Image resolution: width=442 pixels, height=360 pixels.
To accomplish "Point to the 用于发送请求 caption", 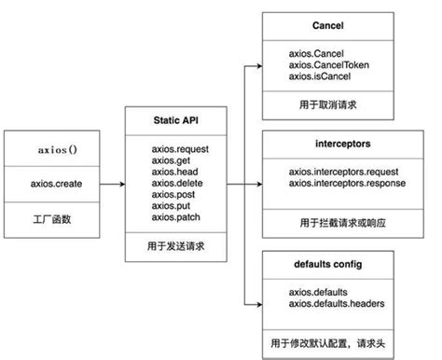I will pyautogui.click(x=176, y=247).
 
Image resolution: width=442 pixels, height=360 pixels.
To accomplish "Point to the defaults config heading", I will pyautogui.click(x=338, y=265).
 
